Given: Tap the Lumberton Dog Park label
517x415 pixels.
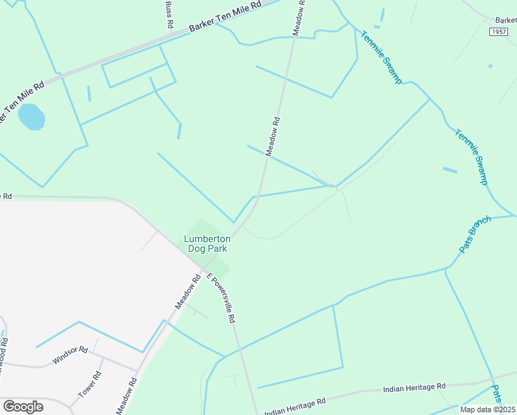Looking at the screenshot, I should [207, 244].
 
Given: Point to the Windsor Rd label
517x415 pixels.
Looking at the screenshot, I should [70, 356].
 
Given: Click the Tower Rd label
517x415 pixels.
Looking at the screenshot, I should [90, 384].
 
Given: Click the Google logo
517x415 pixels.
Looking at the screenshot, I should [23, 406].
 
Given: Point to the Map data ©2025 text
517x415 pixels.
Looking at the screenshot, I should [487, 409].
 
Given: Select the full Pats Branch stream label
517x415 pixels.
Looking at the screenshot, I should [475, 234].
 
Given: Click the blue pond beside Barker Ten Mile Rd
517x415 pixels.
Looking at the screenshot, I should [31, 117].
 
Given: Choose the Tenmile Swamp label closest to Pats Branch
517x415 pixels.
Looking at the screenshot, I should [472, 156].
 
